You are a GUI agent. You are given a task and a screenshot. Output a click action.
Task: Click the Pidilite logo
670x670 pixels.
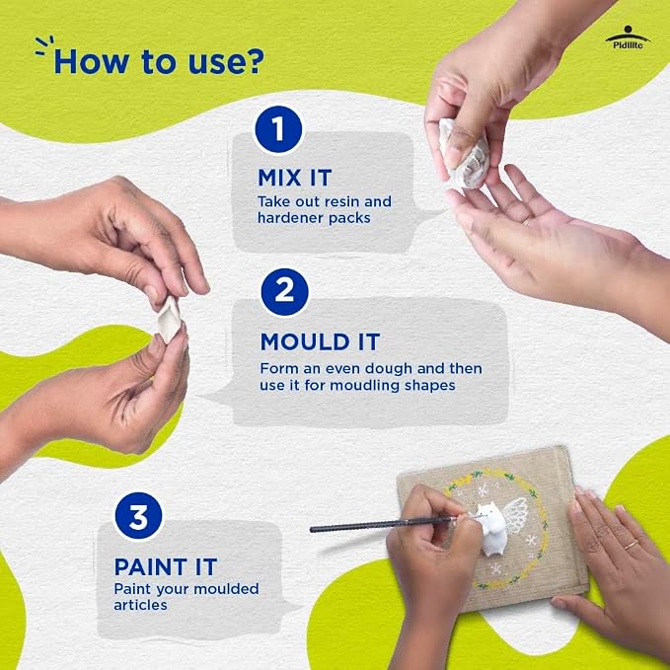pyautogui.click(x=628, y=37)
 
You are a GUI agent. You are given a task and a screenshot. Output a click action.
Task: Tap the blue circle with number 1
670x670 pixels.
pyautogui.click(x=278, y=129)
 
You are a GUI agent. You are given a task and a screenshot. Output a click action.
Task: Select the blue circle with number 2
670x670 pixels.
pyautogui.click(x=284, y=292)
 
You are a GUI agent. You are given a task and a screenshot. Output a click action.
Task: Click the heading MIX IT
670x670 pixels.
pyautogui.click(x=295, y=178)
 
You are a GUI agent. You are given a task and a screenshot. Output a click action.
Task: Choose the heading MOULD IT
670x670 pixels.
pyautogui.click(x=320, y=341)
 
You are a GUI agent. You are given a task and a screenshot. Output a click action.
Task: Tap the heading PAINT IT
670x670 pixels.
pyautogui.click(x=166, y=567)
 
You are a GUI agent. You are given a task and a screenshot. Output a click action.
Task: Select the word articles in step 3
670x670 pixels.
pyautogui.click(x=140, y=605)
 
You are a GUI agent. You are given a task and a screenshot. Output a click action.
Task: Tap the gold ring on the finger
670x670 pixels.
pyautogui.click(x=631, y=545)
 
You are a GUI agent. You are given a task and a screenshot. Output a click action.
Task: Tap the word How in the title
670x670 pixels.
pyautogui.click(x=91, y=62)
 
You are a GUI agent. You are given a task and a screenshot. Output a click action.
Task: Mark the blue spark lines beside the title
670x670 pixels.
pyautogui.click(x=44, y=45)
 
